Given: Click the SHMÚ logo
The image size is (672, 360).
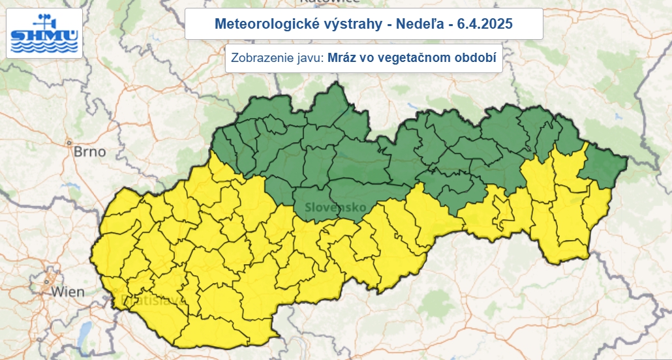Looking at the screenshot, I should point(44,33).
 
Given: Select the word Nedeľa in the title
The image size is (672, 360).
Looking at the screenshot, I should point(416,24).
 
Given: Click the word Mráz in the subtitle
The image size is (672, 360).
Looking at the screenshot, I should point(343,58).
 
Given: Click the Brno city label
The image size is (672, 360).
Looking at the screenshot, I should point(89,151).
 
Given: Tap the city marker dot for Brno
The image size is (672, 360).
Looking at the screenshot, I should point(68,142).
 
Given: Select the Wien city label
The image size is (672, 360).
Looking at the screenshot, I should point(68,291).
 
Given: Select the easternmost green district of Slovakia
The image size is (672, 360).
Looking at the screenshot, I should point(603,167).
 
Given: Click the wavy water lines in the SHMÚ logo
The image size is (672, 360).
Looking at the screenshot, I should point(44,47).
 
